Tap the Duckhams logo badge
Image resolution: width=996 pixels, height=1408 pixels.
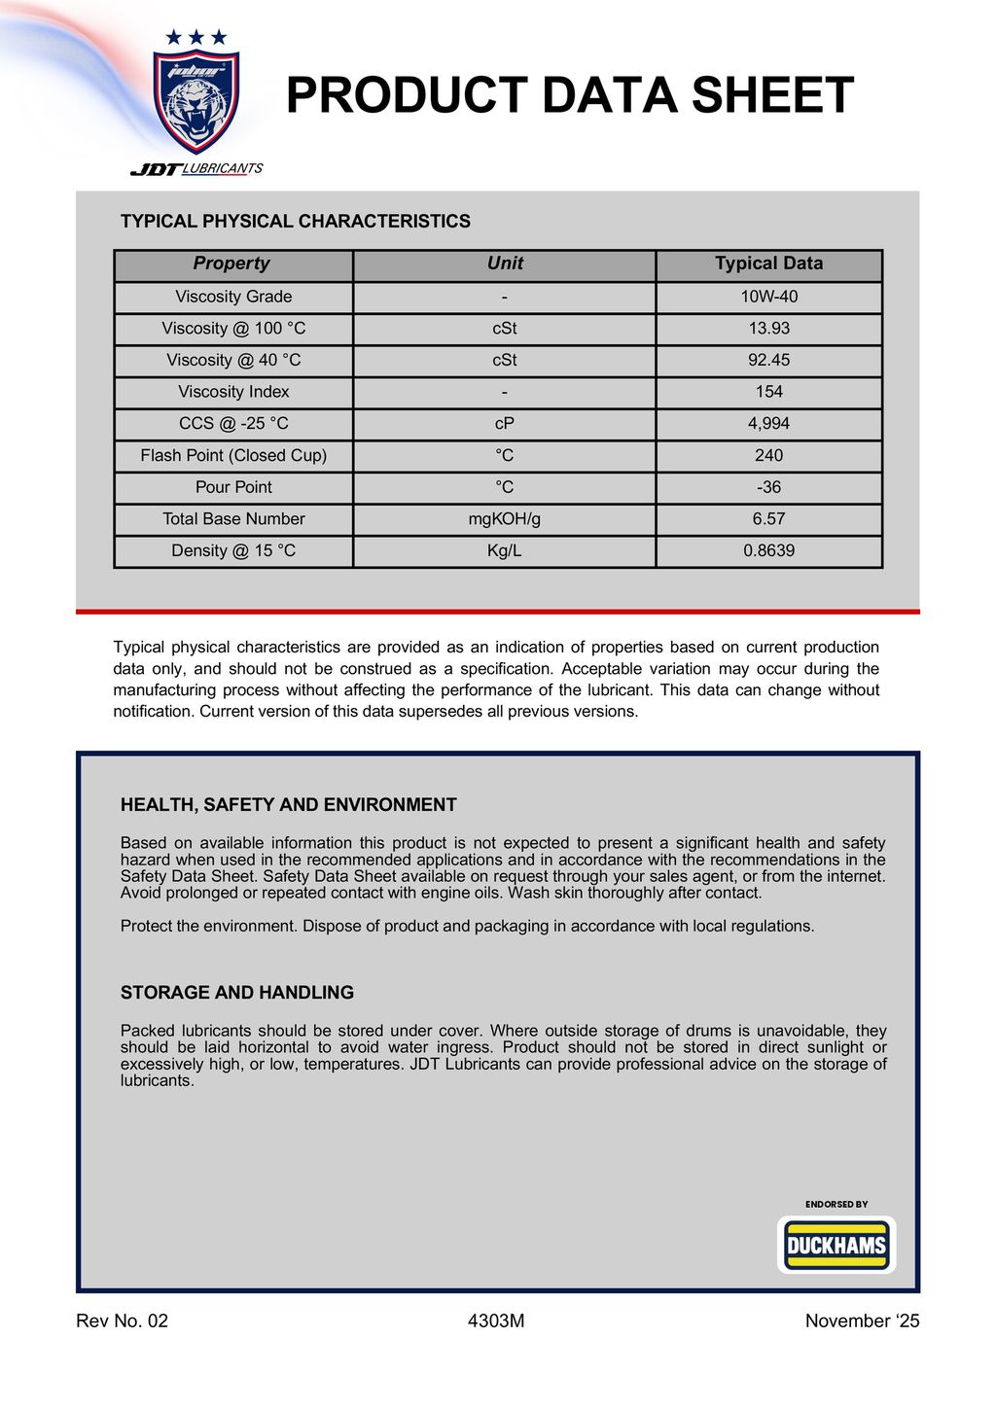click(836, 1246)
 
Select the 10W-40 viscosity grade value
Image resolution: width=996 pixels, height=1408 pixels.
click(768, 297)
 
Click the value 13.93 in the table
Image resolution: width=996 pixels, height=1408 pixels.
click(768, 329)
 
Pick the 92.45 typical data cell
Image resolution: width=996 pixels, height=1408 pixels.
click(768, 361)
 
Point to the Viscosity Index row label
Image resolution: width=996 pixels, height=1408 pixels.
click(233, 392)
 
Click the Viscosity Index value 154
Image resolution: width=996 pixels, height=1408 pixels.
click(768, 392)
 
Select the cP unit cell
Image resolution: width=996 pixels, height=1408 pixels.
click(504, 424)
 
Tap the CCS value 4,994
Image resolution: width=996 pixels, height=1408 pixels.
click(768, 424)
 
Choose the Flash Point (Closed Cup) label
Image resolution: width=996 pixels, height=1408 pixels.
click(233, 455)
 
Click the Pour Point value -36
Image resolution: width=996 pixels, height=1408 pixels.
click(768, 487)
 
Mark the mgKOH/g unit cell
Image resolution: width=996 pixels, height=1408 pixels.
click(504, 519)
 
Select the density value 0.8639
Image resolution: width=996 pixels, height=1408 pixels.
click(768, 550)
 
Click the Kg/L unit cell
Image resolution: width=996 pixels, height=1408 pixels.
click(504, 550)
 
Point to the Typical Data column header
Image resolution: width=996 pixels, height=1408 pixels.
click(768, 264)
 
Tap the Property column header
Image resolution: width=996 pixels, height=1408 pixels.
click(231, 264)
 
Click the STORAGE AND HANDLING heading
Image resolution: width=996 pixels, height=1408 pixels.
click(237, 993)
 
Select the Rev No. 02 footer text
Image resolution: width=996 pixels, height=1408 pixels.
click(122, 1320)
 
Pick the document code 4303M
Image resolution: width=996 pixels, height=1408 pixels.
click(496, 1320)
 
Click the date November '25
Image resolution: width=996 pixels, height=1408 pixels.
click(862, 1320)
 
